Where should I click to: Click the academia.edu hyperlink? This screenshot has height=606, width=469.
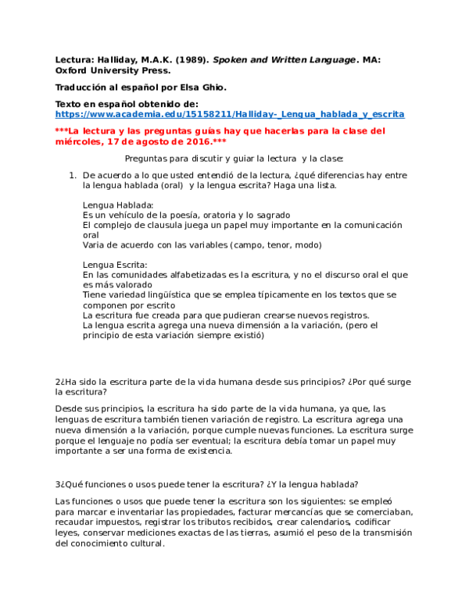[x=230, y=114]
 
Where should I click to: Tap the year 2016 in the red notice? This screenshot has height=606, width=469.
[x=198, y=141]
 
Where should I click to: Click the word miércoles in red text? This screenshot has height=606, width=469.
[x=79, y=141]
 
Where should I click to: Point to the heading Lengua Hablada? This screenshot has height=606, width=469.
[x=118, y=205]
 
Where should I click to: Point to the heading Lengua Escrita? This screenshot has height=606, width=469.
[x=115, y=266]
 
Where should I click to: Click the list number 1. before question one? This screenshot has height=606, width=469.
[x=73, y=176]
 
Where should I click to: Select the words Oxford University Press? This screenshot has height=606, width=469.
[x=113, y=71]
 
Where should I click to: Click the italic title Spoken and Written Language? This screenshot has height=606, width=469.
[x=285, y=60]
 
